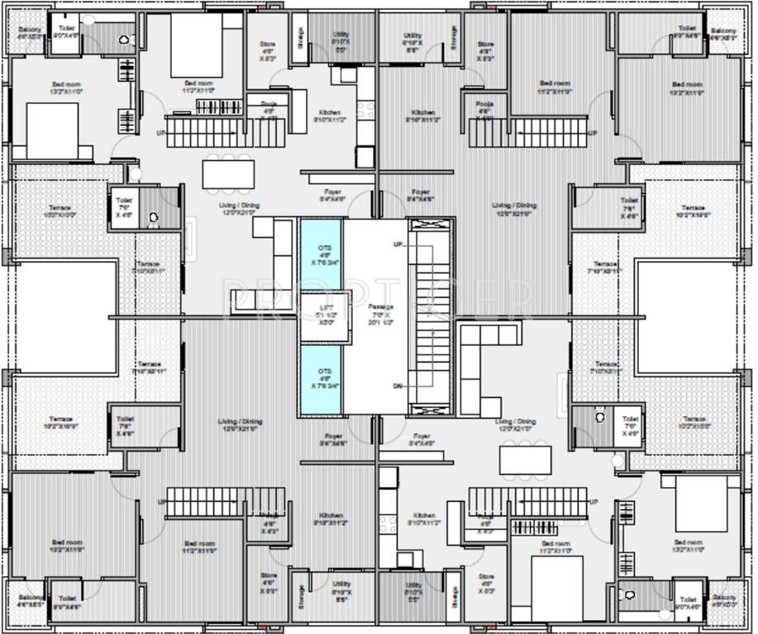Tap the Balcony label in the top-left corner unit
pyautogui.click(x=30, y=31)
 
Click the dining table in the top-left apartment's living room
pyautogui.click(x=229, y=174)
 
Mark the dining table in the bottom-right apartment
pyautogui.click(x=525, y=460)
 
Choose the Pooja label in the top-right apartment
pyautogui.click(x=484, y=105)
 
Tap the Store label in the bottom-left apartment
pyautogui.click(x=269, y=576)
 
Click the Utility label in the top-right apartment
pyautogui.click(x=413, y=36)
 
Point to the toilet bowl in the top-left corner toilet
pyautogui.click(x=124, y=39)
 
